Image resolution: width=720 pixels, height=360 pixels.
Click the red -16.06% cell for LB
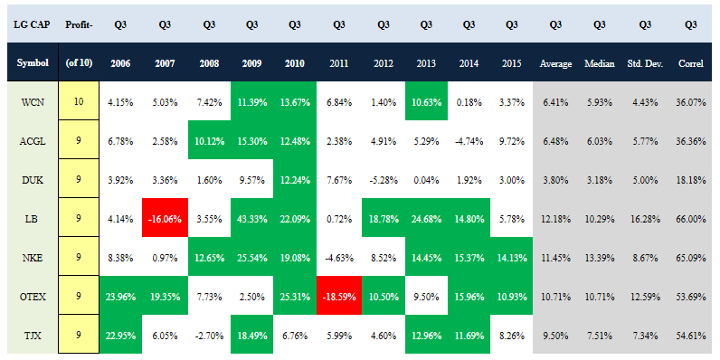pos(165,218)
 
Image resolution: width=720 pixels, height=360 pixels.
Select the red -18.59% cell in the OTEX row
pos(339,295)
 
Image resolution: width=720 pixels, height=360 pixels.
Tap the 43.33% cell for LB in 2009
pos(251,218)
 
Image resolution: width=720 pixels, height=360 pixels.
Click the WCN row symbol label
pos(33,101)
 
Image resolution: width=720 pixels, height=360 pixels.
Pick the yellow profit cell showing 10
pos(79,101)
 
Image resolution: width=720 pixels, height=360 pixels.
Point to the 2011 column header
pos(338,63)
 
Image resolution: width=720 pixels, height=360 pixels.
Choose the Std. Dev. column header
pos(645,64)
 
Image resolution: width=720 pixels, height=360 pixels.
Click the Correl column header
pos(691,64)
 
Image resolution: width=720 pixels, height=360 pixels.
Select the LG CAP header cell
pos(33,24)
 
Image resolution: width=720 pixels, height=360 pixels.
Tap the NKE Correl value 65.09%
pos(691,257)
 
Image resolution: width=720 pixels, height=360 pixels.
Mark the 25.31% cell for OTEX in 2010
pos(295,295)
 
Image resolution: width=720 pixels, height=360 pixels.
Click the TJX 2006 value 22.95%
pos(121,335)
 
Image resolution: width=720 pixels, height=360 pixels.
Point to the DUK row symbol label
pos(33,178)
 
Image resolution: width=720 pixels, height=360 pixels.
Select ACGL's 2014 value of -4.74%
pos(468,140)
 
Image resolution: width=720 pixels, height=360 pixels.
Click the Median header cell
pos(599,63)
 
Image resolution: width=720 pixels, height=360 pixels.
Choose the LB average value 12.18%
pos(555,218)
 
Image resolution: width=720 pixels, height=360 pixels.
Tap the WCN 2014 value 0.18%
pos(468,101)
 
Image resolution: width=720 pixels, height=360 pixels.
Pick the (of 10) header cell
pos(79,62)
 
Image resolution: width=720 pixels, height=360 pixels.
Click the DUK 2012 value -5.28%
pos(383,179)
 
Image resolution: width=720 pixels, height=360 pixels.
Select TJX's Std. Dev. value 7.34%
pos(645,335)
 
